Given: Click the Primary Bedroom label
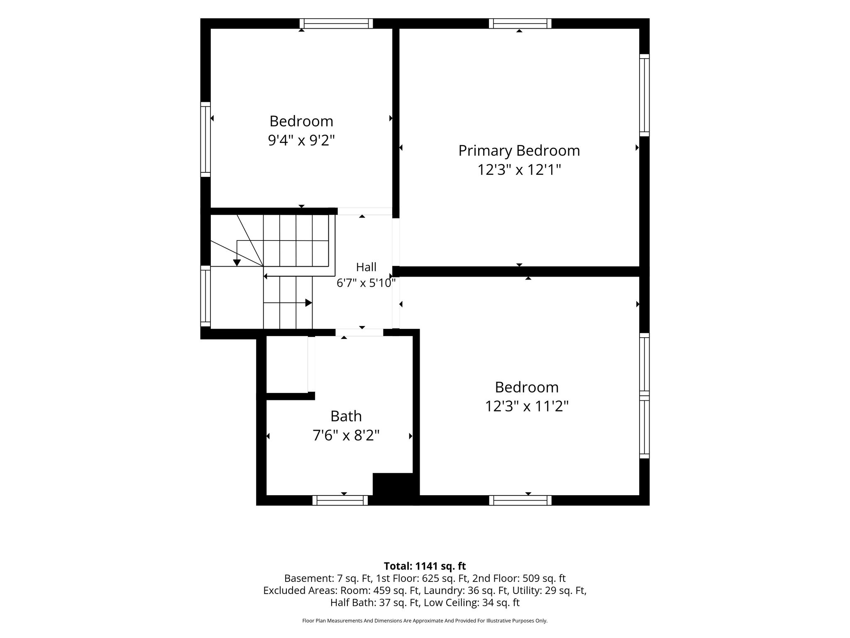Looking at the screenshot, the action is [519, 151].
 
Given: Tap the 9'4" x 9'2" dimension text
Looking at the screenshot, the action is [301, 140].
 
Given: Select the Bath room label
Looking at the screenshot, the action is [346, 416].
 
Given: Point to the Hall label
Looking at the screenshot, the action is [366, 267].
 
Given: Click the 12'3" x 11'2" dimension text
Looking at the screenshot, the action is [527, 406].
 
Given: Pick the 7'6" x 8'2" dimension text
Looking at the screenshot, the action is [346, 435].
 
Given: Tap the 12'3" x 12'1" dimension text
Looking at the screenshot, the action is [519, 169].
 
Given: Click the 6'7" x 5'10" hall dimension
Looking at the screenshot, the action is [366, 283].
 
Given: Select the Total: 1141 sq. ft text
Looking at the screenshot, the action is [425, 566].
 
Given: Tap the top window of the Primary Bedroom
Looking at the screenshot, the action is [520, 24].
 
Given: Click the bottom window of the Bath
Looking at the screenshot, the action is [340, 501].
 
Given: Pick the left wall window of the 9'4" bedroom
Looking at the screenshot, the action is [205, 140].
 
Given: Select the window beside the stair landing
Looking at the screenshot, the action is [205, 296].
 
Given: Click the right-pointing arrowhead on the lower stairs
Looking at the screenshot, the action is [309, 303].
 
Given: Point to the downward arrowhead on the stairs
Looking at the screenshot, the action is [237, 263].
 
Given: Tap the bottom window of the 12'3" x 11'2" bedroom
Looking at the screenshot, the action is [520, 501].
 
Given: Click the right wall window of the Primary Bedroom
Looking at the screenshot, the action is [644, 95].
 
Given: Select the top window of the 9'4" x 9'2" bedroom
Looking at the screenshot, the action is [336, 24].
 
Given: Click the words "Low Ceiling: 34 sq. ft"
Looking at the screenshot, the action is [471, 602].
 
